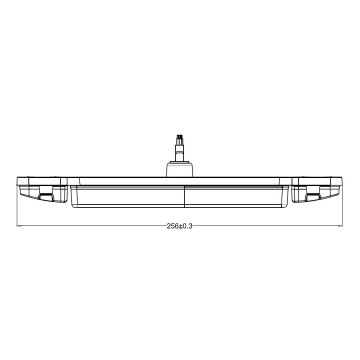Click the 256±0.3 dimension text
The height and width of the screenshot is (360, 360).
point(180,227)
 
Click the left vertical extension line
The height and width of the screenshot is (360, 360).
point(19,205)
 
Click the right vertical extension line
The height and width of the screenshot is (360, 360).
point(341,205)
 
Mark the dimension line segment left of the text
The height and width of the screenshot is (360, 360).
point(90,227)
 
